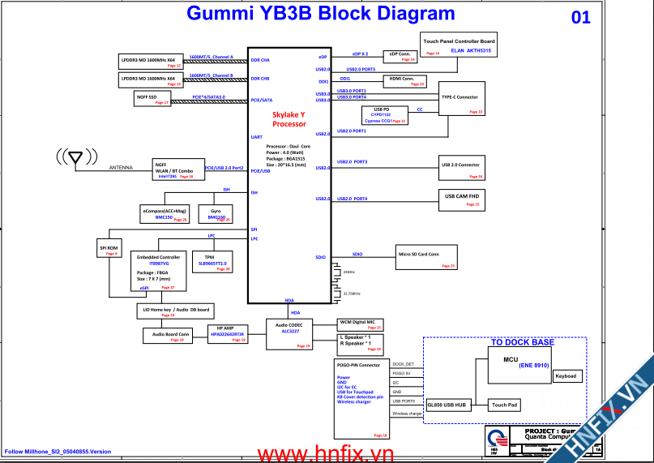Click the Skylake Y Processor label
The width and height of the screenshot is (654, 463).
click(x=289, y=120)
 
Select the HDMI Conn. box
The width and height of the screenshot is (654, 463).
click(x=405, y=80)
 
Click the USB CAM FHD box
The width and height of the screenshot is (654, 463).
click(x=462, y=199)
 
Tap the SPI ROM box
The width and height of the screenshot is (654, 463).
click(x=109, y=250)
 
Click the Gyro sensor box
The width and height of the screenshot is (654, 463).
click(x=216, y=213)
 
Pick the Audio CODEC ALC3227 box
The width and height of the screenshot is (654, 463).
click(x=291, y=332)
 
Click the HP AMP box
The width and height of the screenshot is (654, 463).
click(x=226, y=334)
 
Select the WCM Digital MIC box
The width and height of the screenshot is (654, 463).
click(x=361, y=324)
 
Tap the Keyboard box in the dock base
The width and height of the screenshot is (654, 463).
click(x=566, y=376)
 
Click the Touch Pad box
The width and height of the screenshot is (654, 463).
click(x=505, y=405)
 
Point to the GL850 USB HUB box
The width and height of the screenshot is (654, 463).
click(x=447, y=404)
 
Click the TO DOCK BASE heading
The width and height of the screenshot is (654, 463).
click(x=523, y=343)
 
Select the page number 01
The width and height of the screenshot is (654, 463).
click(x=581, y=17)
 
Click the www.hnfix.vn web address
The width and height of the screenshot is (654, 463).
click(x=324, y=453)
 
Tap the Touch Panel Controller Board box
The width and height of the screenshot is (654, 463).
click(x=460, y=45)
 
